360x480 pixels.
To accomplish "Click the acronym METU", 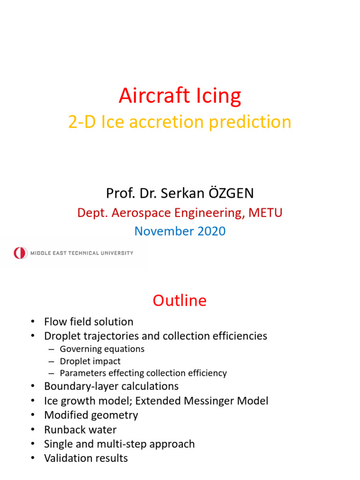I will pos(266,213).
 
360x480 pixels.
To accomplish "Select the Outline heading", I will pos(180,300).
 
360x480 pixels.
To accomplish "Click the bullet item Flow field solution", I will pos(89,322).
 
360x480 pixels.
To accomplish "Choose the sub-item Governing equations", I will pos(102,349).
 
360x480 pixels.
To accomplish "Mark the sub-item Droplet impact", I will pos(90,361).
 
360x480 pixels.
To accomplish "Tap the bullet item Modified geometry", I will pos(91,415).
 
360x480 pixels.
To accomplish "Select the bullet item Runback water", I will pos(80,429).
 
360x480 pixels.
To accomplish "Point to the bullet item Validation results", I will pos(86,458).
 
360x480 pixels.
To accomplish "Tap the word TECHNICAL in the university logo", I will pos(87,253).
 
